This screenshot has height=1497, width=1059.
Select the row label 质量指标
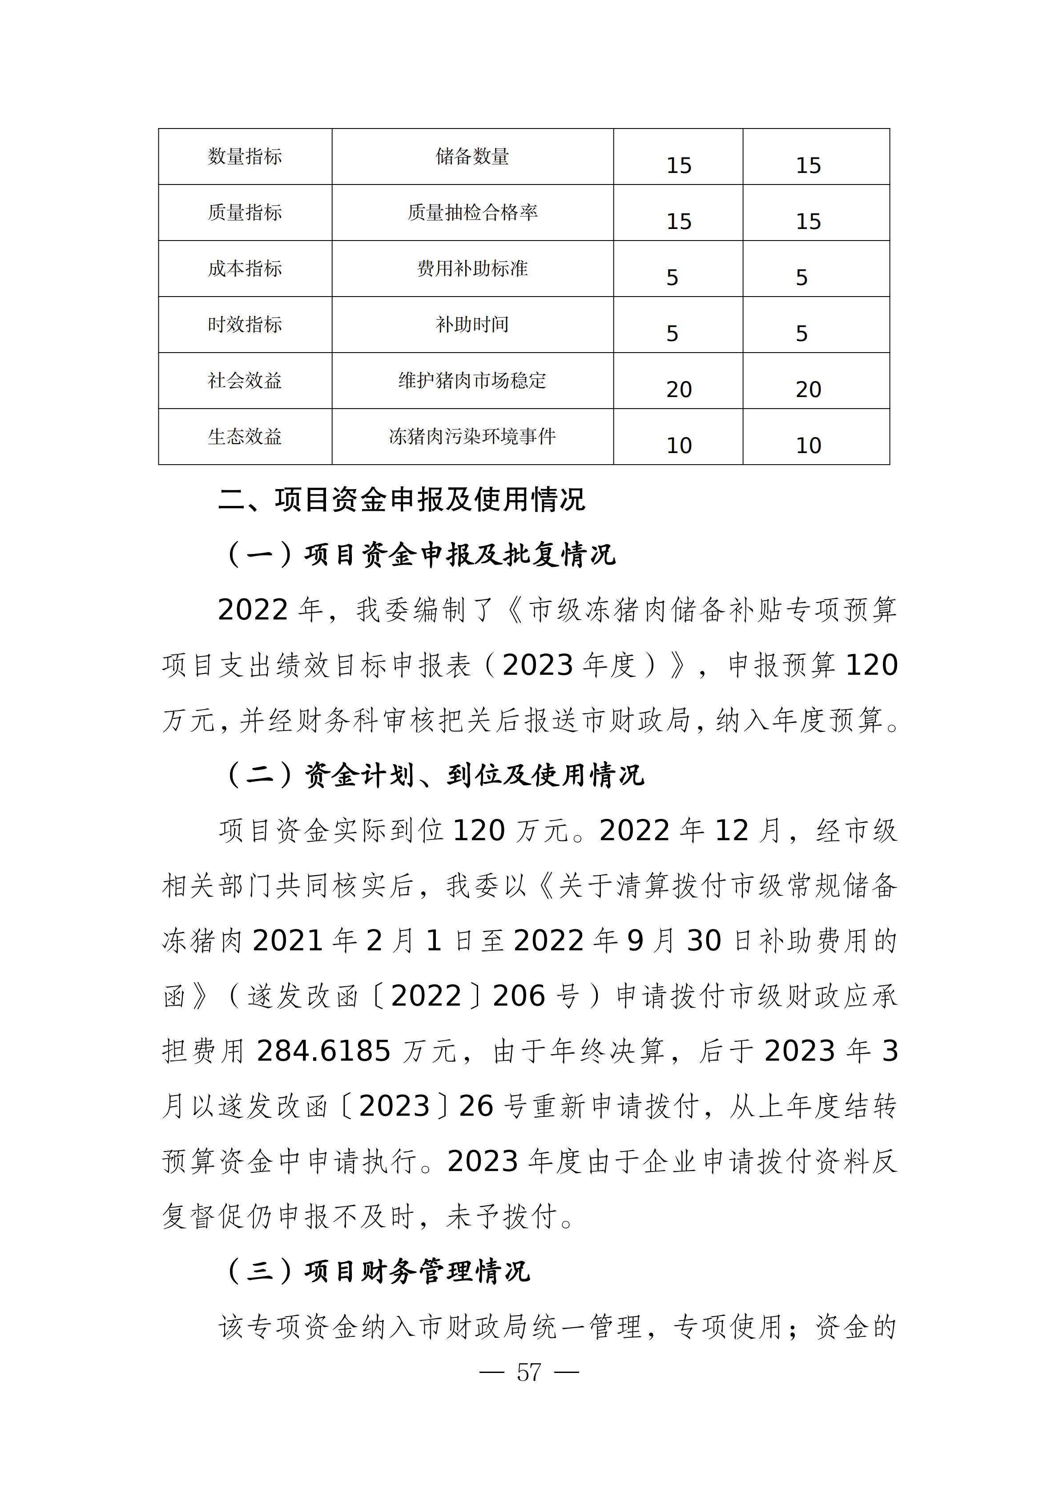click(x=245, y=213)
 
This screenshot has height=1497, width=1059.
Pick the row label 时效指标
click(x=245, y=325)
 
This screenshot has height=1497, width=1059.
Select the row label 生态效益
click(x=245, y=437)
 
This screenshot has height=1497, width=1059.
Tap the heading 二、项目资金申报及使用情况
click(x=401, y=500)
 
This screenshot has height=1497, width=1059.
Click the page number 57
click(x=529, y=1373)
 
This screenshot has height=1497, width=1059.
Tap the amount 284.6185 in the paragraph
click(x=323, y=1051)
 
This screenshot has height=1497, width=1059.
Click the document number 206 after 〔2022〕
click(x=519, y=995)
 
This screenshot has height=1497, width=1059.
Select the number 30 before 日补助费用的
click(x=704, y=941)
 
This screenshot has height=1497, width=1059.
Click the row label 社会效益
click(x=245, y=381)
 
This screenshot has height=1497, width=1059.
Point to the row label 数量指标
click(x=245, y=157)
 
